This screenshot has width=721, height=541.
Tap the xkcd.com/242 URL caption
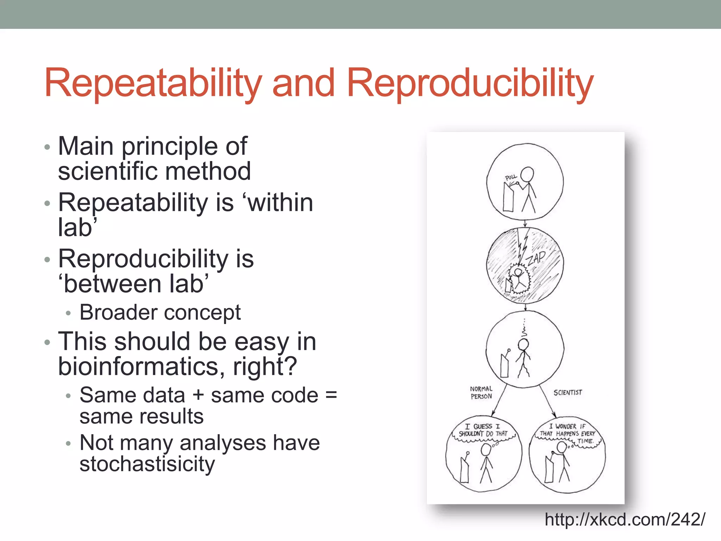pos(625,520)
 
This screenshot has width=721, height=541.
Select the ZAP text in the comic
pos(536,258)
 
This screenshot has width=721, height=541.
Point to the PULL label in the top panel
pos(511,177)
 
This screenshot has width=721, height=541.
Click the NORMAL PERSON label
pos(481,393)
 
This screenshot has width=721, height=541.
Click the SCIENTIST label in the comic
pos(568,392)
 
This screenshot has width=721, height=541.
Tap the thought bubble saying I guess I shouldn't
pos(483,430)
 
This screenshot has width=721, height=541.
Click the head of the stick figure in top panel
pos(527,174)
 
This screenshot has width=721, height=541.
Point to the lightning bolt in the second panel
pos(522,247)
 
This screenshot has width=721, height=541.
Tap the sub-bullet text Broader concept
pos(160,312)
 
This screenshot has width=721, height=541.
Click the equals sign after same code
pos(331,395)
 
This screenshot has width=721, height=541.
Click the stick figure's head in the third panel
pos(523,344)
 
